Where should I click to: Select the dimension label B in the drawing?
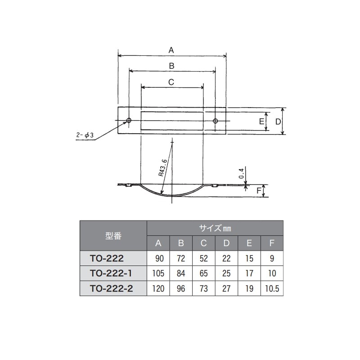[x=171, y=65]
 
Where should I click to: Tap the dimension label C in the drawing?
[x=171, y=82]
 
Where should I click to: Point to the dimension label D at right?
[x=278, y=121]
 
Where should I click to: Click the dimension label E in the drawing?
[x=261, y=121]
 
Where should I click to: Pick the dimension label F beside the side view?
[x=259, y=191]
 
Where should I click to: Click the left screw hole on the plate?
[x=129, y=121]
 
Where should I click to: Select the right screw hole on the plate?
[x=216, y=121]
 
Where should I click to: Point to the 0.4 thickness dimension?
[x=242, y=173]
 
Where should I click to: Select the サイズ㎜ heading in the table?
[x=215, y=228]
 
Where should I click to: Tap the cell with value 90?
[x=158, y=258]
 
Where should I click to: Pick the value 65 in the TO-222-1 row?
[x=203, y=273]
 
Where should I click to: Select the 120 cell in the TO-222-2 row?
[x=158, y=288]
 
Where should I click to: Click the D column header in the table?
[x=226, y=243]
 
